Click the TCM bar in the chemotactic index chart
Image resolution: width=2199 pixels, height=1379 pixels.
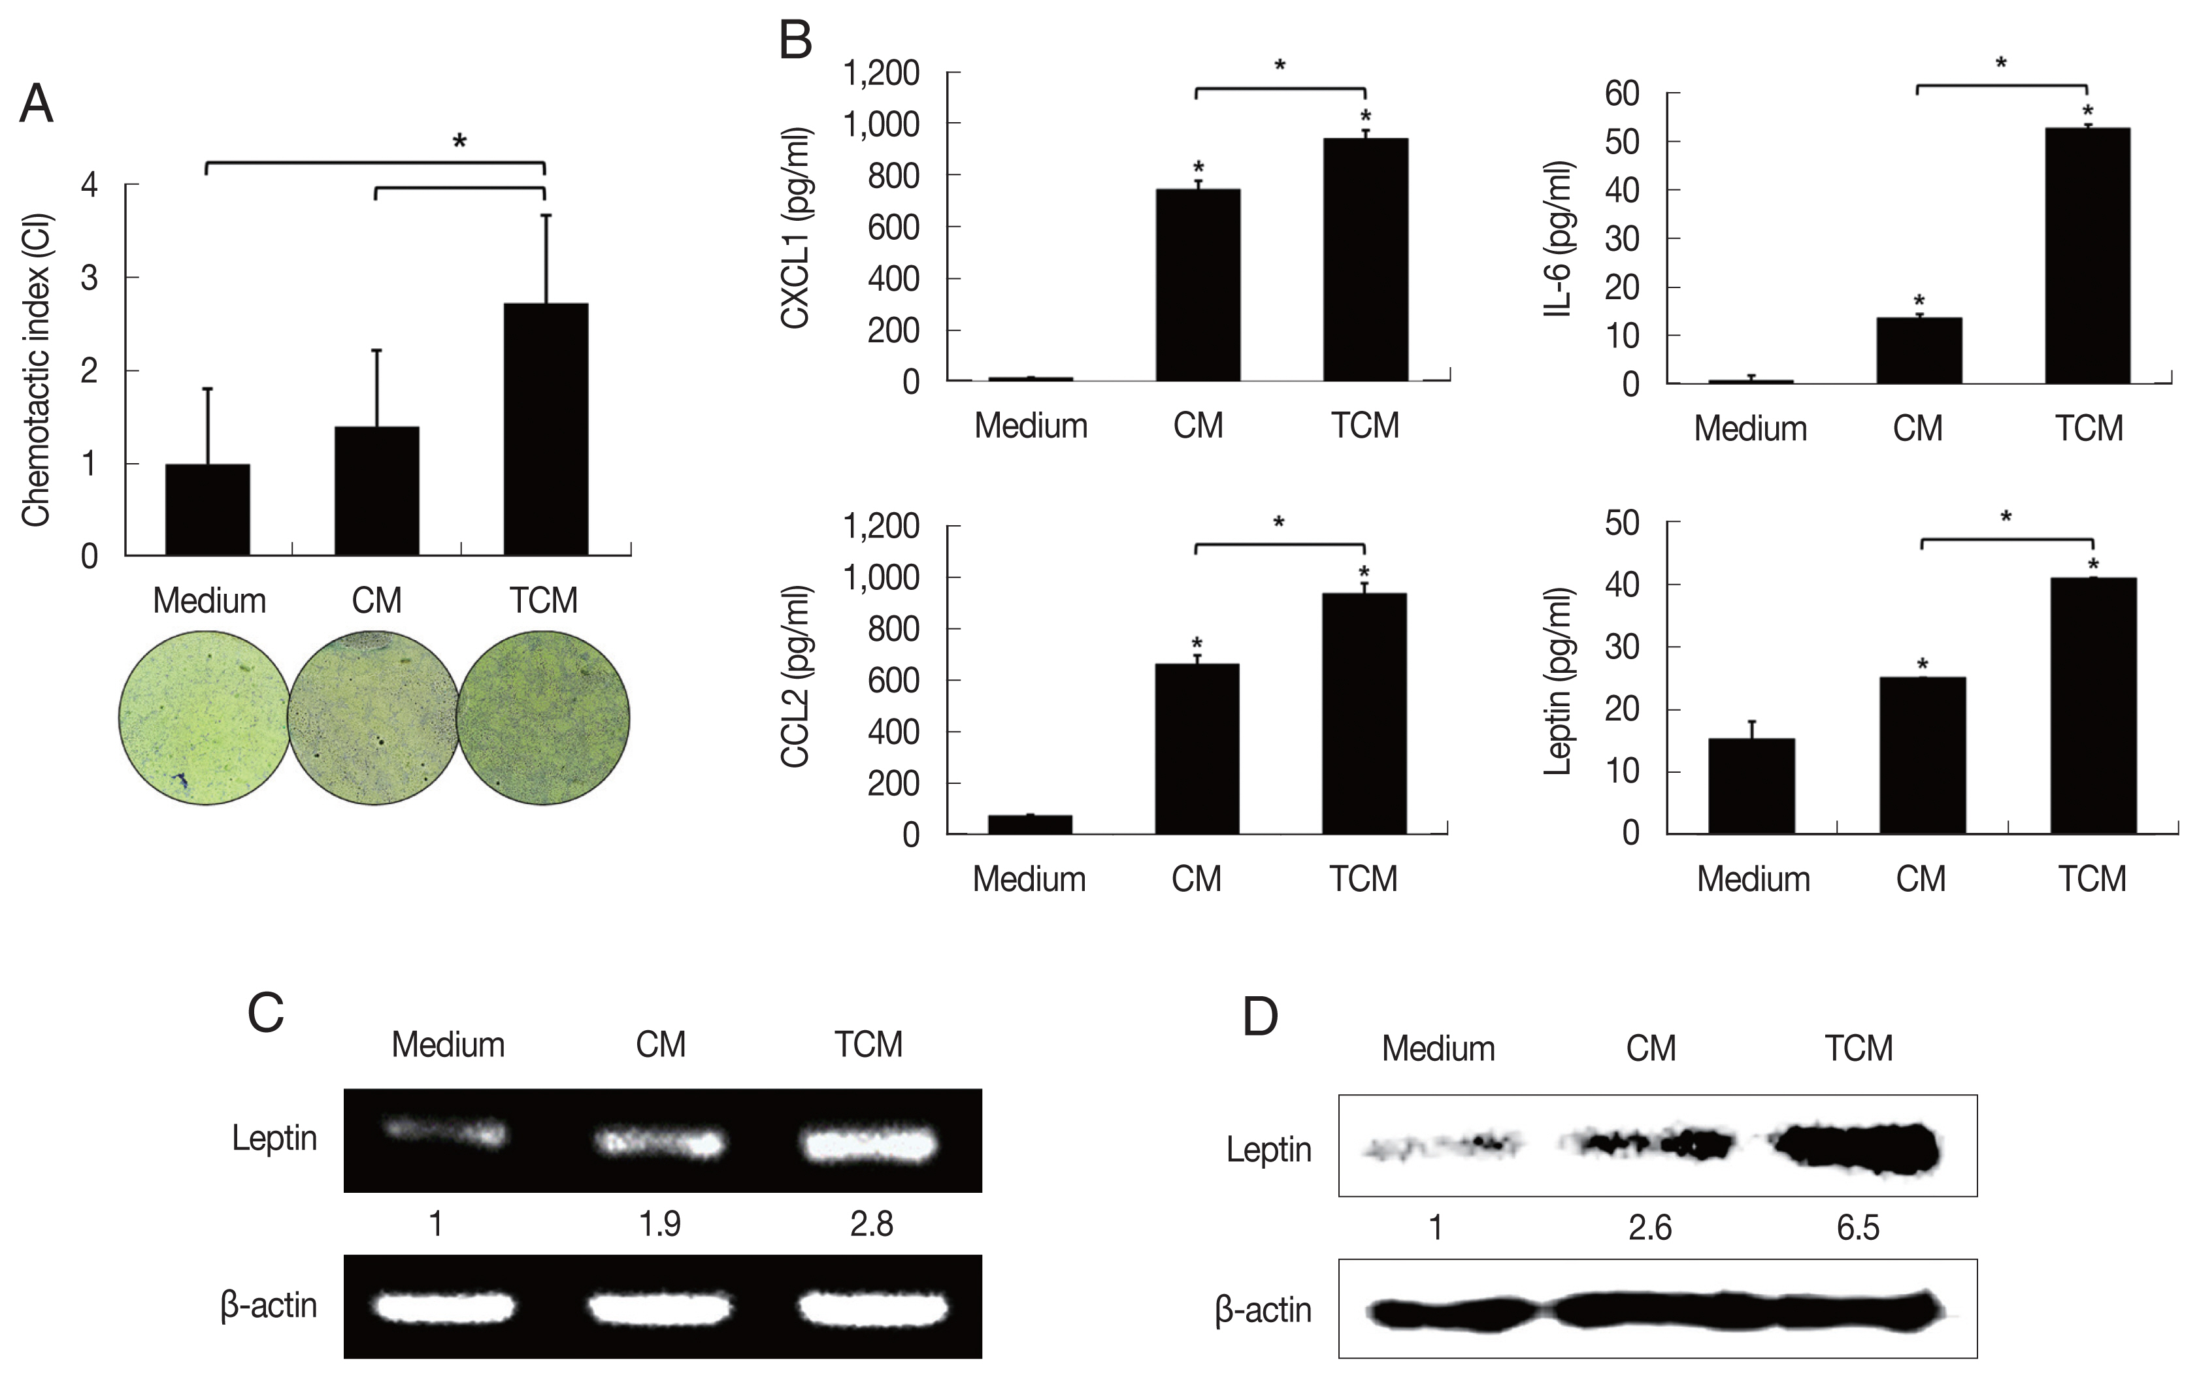tap(546, 429)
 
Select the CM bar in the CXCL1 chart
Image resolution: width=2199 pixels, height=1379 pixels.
tap(1197, 285)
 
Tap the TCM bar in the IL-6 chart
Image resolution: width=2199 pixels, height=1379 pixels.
tap(2088, 255)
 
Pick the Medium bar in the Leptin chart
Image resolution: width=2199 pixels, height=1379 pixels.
tap(1751, 785)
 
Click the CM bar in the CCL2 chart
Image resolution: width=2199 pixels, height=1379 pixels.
tap(1197, 748)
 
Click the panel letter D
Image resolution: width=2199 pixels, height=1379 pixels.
tap(1260, 1018)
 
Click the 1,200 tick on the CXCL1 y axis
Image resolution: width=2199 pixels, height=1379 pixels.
tap(882, 73)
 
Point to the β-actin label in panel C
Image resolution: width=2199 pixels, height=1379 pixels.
tap(269, 1306)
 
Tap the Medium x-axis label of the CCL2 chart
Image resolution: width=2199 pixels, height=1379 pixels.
tap(1029, 879)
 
